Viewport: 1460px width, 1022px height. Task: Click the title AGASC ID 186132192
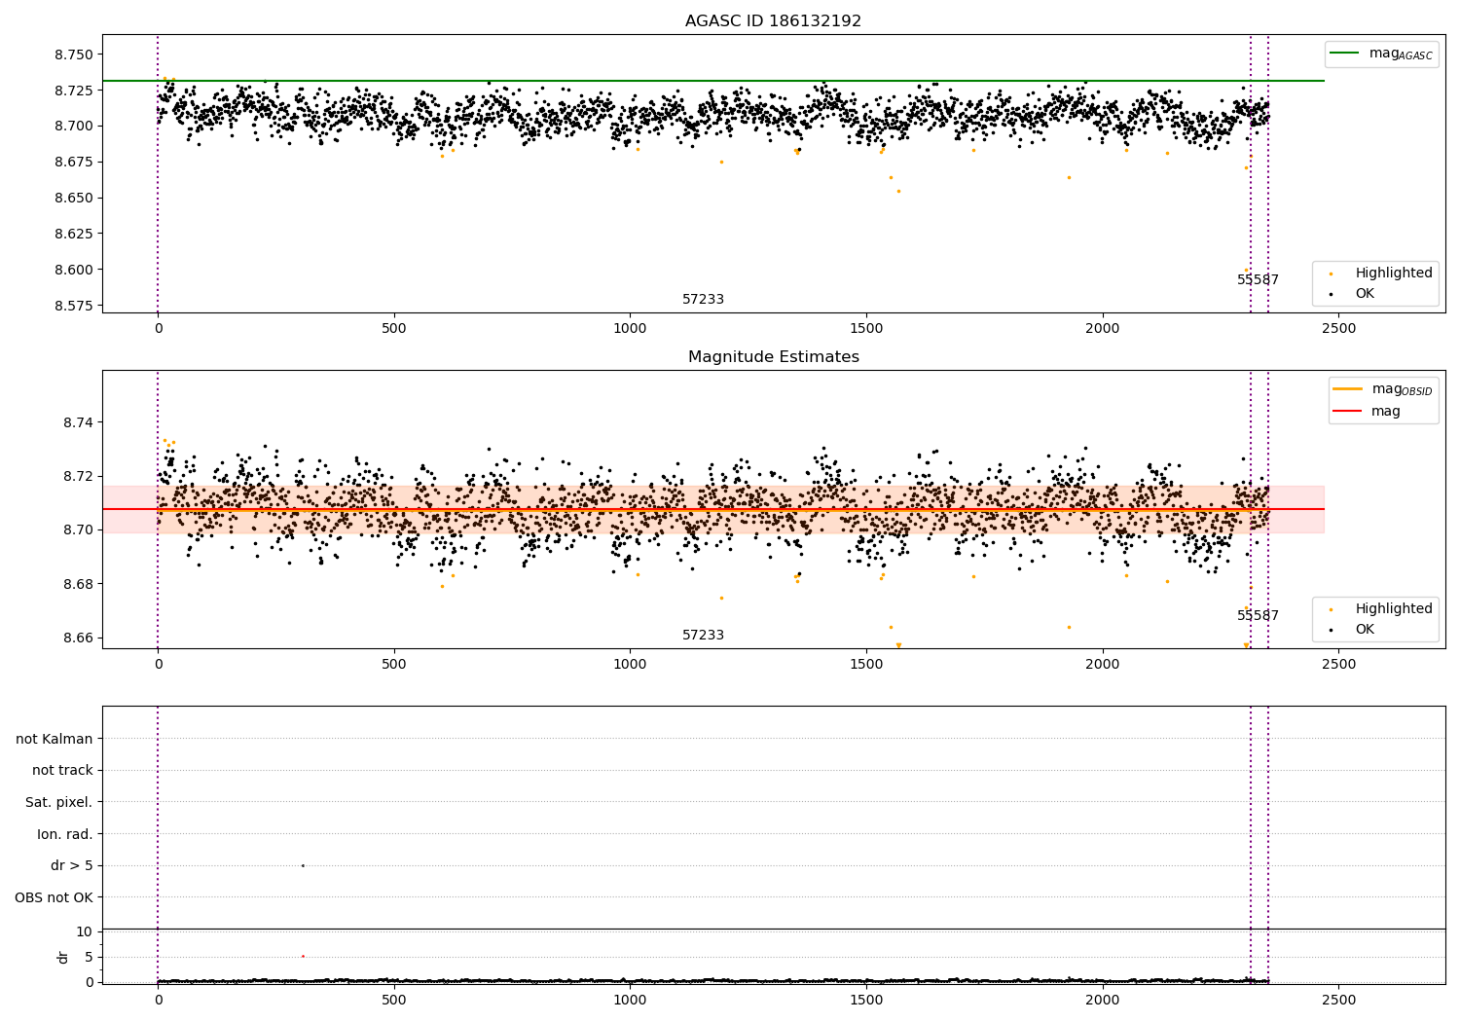[x=773, y=21]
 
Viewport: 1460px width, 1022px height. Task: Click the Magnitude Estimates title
[x=773, y=357]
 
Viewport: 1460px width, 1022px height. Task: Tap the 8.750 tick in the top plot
[x=74, y=55]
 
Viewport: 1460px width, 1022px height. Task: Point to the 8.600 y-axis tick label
[x=74, y=270]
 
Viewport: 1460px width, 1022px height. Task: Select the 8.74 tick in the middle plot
[x=78, y=422]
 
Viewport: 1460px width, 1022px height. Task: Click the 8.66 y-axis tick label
[x=78, y=639]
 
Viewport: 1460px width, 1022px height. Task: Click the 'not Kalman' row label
[x=55, y=739]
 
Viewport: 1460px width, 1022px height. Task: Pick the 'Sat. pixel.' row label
[x=59, y=802]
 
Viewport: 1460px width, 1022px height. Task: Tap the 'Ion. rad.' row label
[x=65, y=834]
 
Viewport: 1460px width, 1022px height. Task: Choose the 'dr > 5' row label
[x=72, y=865]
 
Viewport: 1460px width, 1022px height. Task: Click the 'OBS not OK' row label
[x=54, y=897]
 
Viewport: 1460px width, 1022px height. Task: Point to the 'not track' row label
[x=62, y=770]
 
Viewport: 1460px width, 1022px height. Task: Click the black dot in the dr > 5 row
[x=303, y=865]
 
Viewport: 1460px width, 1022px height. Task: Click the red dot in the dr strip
[x=303, y=956]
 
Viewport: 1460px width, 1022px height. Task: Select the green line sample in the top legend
[x=1345, y=54]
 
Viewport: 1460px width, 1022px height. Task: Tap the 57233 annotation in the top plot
[x=703, y=300]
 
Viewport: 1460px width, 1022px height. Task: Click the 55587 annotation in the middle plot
[x=1258, y=616]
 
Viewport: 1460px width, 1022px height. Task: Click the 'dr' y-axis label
[x=63, y=957]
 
